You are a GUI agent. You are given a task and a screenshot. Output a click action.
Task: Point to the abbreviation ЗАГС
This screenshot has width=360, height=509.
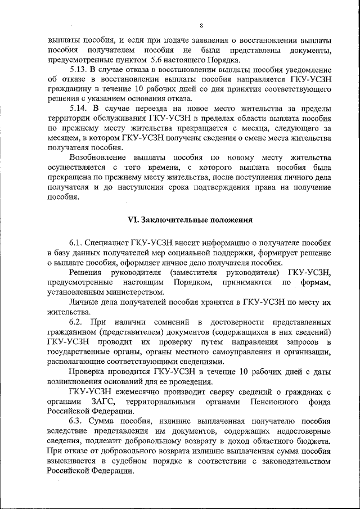pyautogui.click(x=101, y=402)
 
